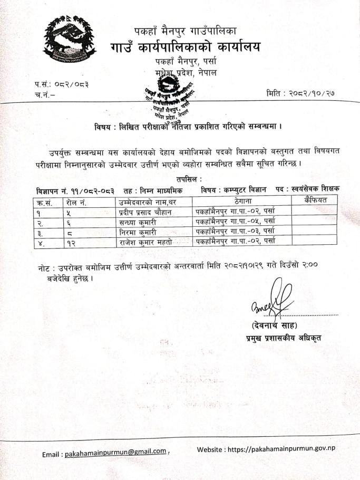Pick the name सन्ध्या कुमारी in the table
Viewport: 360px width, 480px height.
[137, 222]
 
